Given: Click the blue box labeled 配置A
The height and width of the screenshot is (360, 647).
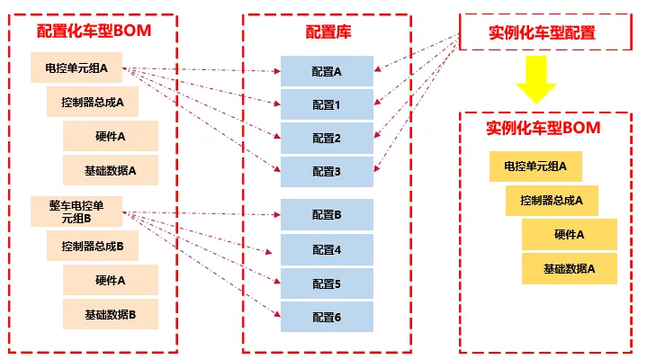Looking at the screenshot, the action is click(x=327, y=71).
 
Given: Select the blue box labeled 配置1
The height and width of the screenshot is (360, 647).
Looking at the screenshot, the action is click(x=327, y=104).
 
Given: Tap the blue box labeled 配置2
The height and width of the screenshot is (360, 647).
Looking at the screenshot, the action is click(x=327, y=138).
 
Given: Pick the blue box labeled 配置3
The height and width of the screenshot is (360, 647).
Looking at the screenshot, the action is click(x=327, y=171).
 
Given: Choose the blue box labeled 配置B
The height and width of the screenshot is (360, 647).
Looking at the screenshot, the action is click(x=327, y=215).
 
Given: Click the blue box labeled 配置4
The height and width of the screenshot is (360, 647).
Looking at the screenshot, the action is click(x=327, y=250).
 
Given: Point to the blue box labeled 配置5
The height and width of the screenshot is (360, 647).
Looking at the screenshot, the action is click(x=327, y=283).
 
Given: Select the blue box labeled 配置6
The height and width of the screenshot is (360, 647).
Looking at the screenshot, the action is click(x=327, y=317).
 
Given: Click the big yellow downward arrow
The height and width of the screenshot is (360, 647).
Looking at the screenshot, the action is click(x=536, y=79).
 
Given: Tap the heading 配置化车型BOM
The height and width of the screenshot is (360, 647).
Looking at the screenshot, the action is click(x=94, y=31).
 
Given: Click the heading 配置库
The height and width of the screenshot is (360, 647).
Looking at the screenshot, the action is click(x=328, y=31).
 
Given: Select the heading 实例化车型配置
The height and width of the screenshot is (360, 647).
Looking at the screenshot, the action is click(x=542, y=32).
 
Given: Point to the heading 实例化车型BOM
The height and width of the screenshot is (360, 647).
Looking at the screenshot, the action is click(x=543, y=128).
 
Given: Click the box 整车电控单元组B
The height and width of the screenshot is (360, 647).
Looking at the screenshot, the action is click(x=76, y=211).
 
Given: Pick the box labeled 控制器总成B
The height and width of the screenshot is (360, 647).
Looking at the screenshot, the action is click(x=93, y=246).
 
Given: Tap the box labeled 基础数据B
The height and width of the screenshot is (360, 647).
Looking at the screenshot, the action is click(x=111, y=315).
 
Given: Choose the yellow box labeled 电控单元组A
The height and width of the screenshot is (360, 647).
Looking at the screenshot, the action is click(x=535, y=166).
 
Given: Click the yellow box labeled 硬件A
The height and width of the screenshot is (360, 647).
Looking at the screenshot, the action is click(x=570, y=235).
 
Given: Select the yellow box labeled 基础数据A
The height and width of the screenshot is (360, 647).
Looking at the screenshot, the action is click(x=570, y=269).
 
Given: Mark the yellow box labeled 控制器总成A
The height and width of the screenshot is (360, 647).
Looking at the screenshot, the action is click(x=552, y=201).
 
